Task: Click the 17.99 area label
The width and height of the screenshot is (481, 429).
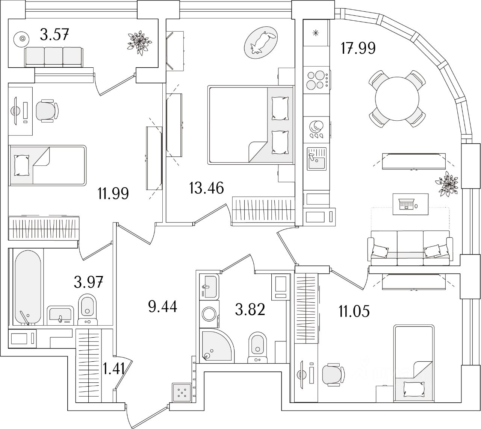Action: [358, 49]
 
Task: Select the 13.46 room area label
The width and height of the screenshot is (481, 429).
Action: [207, 187]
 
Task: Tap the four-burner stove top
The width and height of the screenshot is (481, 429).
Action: [316, 80]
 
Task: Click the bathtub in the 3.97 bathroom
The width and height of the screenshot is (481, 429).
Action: [28, 285]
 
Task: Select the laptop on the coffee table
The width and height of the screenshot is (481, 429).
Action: [407, 205]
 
